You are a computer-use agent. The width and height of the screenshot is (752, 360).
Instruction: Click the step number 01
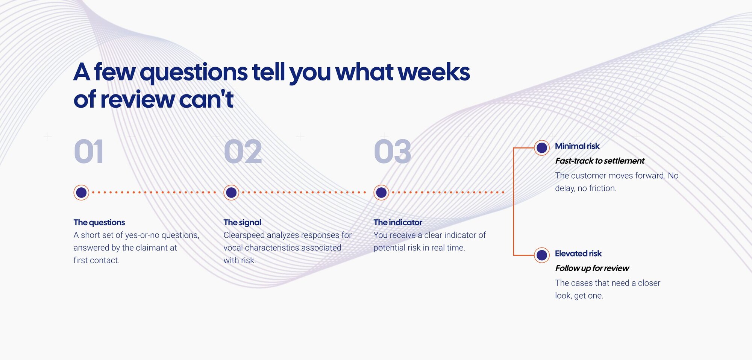(89, 152)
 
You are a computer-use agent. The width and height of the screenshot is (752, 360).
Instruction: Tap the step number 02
(243, 152)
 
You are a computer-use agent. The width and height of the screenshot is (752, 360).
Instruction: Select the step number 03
(393, 152)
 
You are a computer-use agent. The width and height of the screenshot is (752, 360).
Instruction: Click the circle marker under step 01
(81, 193)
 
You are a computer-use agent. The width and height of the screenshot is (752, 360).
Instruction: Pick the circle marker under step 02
(231, 193)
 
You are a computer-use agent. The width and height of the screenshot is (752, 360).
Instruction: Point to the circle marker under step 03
(381, 193)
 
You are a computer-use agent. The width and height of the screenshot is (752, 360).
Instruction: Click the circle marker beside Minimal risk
(542, 148)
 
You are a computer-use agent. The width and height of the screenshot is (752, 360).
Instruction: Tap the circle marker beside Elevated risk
(542, 255)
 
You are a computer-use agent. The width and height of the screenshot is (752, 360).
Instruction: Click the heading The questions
(99, 222)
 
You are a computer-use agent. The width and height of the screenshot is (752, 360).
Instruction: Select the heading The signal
(242, 222)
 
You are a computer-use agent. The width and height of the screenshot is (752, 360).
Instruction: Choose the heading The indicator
(398, 222)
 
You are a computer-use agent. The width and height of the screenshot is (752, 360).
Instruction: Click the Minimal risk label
(577, 146)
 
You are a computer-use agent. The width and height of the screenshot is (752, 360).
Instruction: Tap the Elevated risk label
(578, 254)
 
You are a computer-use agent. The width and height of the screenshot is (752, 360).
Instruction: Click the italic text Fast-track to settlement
(600, 161)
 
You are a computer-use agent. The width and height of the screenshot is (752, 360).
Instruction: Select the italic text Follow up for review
(592, 268)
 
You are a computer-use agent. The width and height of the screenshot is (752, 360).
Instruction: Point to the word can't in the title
(206, 99)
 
